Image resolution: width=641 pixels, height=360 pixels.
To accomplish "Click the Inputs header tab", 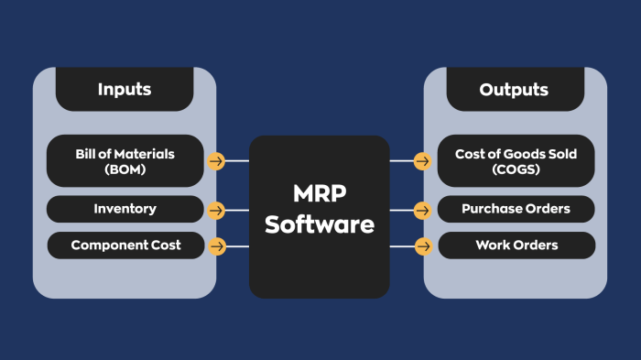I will (125, 90).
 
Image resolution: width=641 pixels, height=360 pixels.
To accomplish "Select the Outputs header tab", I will (514, 90).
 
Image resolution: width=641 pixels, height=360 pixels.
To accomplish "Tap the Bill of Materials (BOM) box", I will (125, 161).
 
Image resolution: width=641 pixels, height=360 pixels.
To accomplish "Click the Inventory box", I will (125, 209).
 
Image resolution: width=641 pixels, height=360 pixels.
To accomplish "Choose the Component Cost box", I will (125, 245).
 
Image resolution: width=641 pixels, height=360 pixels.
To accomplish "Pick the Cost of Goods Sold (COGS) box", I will (516, 161).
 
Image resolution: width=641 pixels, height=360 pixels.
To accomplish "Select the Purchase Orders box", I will (516, 209).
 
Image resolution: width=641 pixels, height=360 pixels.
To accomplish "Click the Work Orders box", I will (516, 245).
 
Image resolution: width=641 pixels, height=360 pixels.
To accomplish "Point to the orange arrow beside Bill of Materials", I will (216, 161).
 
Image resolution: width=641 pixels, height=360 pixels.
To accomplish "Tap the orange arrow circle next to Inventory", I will (216, 210).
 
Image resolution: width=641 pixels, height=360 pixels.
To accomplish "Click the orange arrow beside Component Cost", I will (216, 246).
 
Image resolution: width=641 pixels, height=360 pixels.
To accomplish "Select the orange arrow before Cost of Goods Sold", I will (423, 161).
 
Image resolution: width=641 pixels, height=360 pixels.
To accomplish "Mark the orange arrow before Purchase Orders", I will (423, 210).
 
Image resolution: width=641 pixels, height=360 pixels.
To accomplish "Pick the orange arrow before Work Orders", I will (423, 246).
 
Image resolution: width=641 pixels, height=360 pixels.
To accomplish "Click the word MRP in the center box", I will (320, 195).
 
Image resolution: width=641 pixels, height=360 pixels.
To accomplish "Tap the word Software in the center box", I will (320, 224).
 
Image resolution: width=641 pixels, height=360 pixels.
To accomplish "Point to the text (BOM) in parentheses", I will (125, 169).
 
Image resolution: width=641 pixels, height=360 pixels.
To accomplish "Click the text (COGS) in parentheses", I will (516, 169).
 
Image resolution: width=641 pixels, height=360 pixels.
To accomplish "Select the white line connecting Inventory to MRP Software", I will (237, 210).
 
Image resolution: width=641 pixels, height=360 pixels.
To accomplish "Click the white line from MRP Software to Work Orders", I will (401, 246).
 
